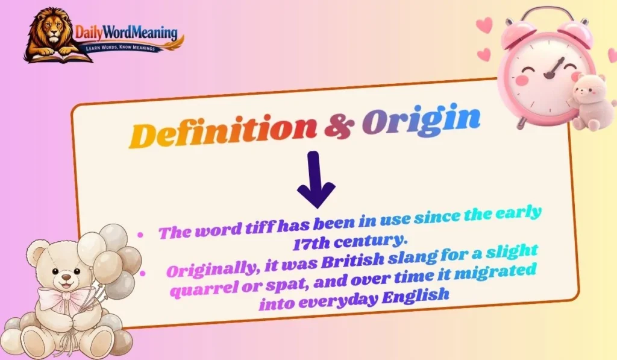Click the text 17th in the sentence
click(x=310, y=244)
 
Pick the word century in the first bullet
click(x=359, y=241)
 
